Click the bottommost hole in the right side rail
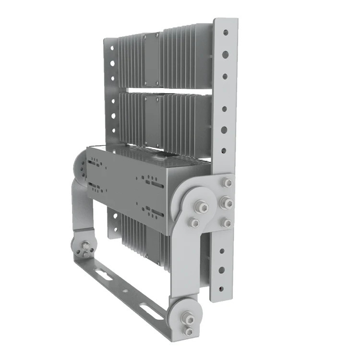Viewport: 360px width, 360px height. (220, 288)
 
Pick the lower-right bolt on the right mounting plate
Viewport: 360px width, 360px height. (225, 222)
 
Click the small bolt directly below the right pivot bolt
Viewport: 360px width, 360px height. (194, 221)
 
